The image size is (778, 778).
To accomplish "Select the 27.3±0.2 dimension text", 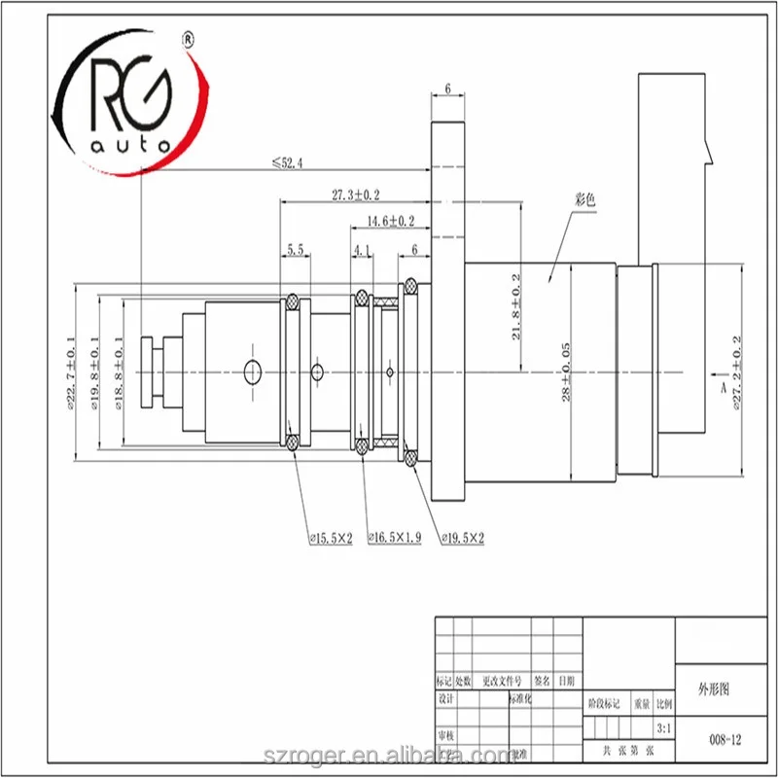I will click(x=355, y=195).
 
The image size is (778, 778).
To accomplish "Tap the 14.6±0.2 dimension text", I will click(x=389, y=222).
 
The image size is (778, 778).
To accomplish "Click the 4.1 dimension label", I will click(x=363, y=250).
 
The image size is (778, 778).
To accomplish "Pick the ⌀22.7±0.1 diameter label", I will click(x=71, y=375).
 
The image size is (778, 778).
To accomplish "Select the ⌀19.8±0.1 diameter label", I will click(x=95, y=375).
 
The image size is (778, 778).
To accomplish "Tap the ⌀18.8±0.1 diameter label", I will click(x=120, y=375).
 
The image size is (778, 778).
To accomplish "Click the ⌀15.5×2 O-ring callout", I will click(x=330, y=537).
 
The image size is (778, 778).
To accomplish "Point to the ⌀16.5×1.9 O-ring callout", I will click(x=394, y=537).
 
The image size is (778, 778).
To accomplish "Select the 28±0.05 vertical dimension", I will click(x=565, y=375).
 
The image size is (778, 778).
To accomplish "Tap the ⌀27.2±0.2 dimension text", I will click(x=737, y=375).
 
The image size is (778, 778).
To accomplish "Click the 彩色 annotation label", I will click(x=584, y=199).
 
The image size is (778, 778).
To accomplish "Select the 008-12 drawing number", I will click(x=725, y=739).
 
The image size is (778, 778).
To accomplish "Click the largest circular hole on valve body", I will click(x=253, y=370).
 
